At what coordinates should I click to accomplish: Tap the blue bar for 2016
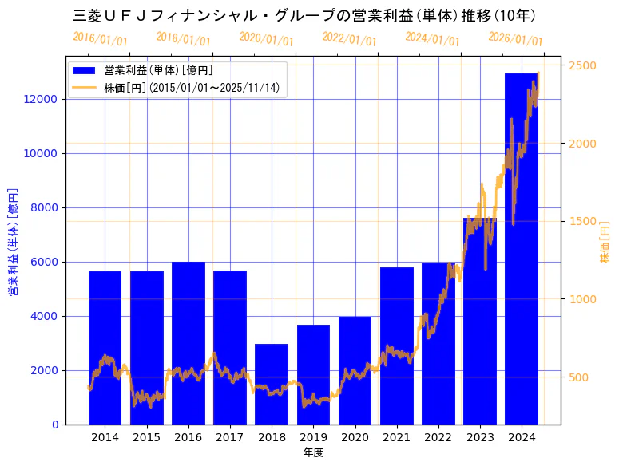tap(188, 343)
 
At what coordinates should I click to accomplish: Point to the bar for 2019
tap(313, 374)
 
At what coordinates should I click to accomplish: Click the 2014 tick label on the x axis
tap(105, 437)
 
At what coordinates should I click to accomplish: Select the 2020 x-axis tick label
tap(355, 437)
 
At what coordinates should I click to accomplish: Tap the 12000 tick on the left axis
tap(41, 99)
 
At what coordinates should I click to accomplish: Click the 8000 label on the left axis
tap(44, 207)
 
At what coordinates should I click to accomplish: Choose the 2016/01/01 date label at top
tap(101, 38)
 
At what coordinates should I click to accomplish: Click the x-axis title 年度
tap(313, 452)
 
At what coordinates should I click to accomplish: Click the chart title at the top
tap(304, 15)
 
